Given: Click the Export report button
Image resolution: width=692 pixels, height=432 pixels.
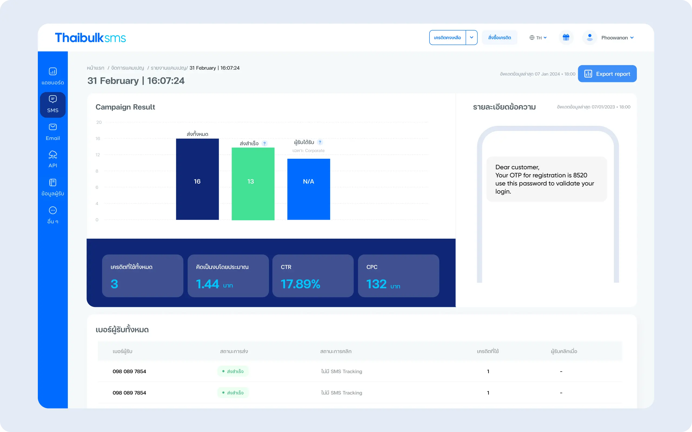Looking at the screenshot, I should (607, 74).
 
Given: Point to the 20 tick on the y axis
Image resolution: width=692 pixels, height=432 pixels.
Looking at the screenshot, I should (99, 122).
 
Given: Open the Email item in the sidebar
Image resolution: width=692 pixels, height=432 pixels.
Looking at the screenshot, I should (53, 132).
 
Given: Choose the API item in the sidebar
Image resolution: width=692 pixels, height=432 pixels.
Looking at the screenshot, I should (53, 159).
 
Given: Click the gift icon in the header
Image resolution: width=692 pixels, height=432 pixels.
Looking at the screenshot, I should (566, 38).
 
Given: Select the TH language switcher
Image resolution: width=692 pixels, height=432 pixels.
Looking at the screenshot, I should (538, 38).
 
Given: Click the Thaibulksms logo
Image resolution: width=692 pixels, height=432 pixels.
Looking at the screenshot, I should (90, 38).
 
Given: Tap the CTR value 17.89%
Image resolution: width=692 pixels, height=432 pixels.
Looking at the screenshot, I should (300, 284).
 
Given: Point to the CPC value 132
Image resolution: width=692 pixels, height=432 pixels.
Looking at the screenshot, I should (376, 284).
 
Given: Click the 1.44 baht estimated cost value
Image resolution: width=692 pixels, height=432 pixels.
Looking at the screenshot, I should (208, 284).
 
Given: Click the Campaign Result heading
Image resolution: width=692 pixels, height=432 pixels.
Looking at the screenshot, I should (125, 107).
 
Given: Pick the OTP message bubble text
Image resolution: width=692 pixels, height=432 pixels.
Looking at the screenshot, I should (544, 179).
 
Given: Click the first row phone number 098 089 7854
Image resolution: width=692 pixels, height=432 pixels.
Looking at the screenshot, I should (129, 371).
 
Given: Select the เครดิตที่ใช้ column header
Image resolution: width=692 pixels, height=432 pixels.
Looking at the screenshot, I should (488, 351).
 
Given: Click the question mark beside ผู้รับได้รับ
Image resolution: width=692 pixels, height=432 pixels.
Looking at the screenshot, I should (320, 142).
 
